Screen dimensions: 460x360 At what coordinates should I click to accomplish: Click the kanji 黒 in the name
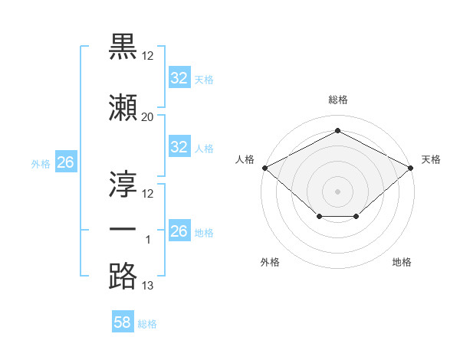click(123, 47)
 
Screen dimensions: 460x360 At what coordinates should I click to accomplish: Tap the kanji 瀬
click(123, 107)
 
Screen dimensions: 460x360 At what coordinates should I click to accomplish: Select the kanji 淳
click(123, 184)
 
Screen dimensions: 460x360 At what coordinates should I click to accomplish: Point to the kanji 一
click(123, 229)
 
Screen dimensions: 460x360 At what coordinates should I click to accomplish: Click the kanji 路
click(123, 276)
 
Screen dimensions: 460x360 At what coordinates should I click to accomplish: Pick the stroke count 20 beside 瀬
click(147, 117)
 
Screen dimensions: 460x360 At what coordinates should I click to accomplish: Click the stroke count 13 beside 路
click(147, 286)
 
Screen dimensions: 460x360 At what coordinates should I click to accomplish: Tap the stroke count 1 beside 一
click(148, 240)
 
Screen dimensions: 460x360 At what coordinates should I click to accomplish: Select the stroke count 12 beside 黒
click(147, 56)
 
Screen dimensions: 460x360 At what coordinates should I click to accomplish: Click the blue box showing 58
click(123, 321)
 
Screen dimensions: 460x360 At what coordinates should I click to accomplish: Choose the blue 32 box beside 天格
click(179, 77)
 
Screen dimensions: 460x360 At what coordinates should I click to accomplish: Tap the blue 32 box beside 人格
click(179, 146)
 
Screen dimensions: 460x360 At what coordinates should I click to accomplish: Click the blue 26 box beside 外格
click(66, 162)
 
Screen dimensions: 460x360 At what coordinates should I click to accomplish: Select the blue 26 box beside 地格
click(179, 230)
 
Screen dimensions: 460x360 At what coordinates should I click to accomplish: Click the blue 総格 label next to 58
click(147, 324)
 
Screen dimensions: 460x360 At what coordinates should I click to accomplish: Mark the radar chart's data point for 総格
click(337, 130)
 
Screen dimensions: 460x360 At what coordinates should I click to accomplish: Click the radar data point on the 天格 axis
click(410, 168)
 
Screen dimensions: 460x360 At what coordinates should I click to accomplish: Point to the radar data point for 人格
click(265, 168)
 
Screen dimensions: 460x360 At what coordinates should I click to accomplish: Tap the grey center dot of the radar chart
click(337, 191)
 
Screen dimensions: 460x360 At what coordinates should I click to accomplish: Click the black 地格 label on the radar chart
click(402, 262)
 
